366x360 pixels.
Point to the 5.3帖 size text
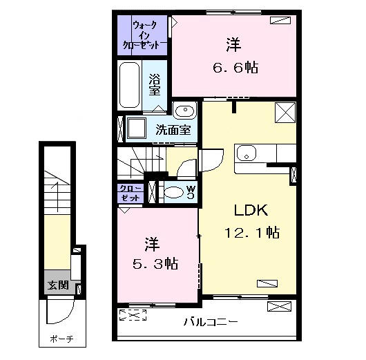pyautogui.click(x=153, y=263)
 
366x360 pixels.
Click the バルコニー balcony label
pyautogui.click(x=211, y=321)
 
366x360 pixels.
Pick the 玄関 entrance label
pyautogui.click(x=58, y=285)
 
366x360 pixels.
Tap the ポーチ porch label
pyautogui.click(x=61, y=339)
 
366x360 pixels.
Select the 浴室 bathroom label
pyautogui.click(x=155, y=84)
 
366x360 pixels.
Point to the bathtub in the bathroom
pyautogui.click(x=130, y=84)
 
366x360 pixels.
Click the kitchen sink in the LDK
pyautogui.click(x=247, y=153)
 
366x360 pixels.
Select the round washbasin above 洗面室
pyautogui.click(x=184, y=112)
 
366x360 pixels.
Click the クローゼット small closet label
pyautogui.click(x=131, y=193)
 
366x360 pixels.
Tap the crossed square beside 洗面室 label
pyautogui.click(x=136, y=129)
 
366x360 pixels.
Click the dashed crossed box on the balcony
pyautogui.click(x=133, y=316)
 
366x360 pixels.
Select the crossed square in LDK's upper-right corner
pyautogui.click(x=284, y=111)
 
